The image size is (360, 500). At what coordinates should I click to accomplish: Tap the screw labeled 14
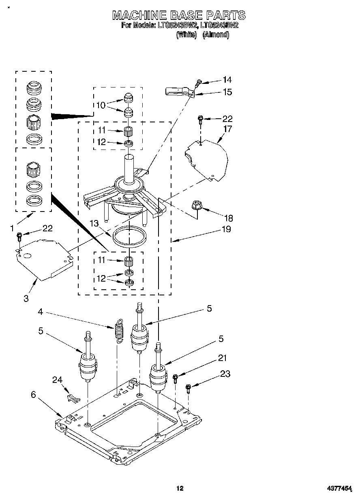(x=198, y=83)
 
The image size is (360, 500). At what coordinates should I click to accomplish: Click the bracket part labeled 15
(x=178, y=92)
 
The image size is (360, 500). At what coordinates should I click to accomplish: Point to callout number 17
(x=227, y=129)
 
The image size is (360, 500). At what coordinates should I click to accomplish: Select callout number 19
(x=226, y=229)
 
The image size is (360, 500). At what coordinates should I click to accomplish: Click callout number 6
(x=33, y=394)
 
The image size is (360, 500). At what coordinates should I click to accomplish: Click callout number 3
(x=26, y=299)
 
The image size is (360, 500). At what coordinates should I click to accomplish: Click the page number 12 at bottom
(x=180, y=488)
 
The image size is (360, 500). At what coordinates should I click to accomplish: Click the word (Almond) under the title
(x=216, y=35)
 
